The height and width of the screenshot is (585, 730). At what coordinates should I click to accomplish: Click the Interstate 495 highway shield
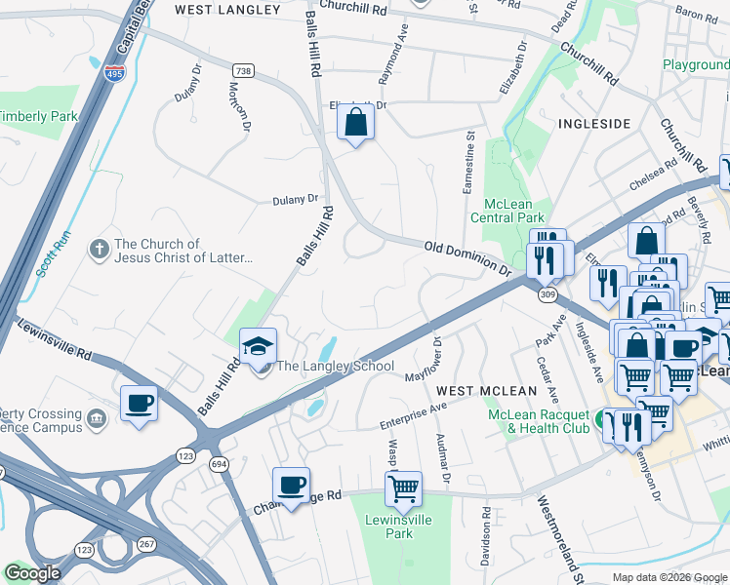point(116,73)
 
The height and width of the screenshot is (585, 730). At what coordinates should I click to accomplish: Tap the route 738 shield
point(243,70)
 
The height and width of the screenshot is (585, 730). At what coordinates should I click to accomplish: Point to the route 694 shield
point(216,467)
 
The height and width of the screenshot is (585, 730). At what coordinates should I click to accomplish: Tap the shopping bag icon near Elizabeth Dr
point(355,124)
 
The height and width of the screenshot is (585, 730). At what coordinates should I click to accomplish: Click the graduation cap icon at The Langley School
point(259,347)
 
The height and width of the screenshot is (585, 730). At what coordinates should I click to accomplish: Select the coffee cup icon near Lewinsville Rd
point(140,403)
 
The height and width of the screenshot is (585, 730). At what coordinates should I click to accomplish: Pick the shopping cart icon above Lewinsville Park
point(402,487)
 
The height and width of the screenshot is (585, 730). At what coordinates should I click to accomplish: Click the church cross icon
point(99,251)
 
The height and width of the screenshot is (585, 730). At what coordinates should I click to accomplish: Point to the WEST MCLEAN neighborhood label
point(486,391)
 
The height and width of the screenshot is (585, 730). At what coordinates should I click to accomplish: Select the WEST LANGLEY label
point(221,9)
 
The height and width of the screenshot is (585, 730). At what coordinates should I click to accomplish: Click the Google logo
point(32,573)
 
